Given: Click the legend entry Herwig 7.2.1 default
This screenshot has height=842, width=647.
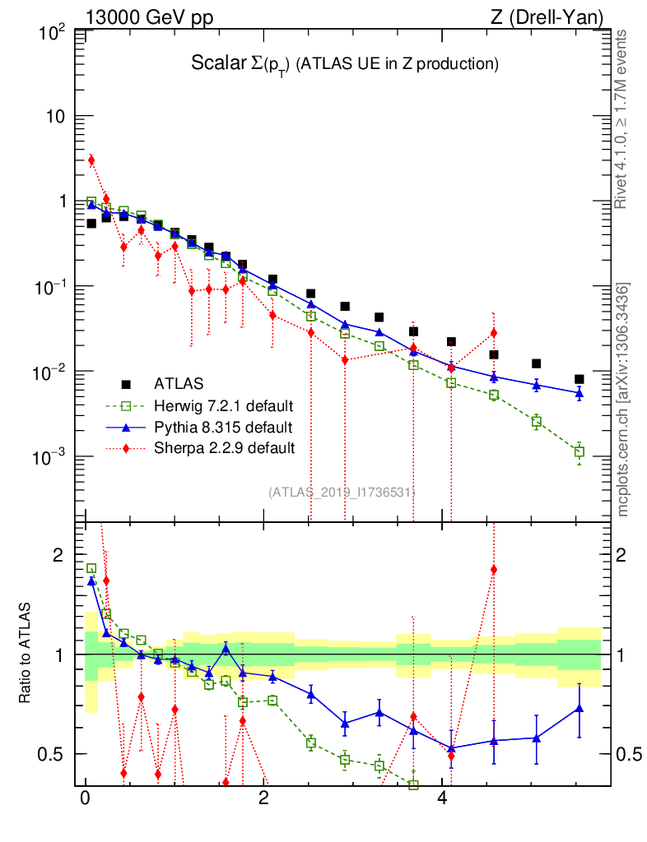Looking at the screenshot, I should [224, 406].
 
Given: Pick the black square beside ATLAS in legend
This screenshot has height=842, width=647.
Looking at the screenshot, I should [126, 384].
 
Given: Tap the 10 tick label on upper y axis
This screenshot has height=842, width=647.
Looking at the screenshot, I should [56, 116].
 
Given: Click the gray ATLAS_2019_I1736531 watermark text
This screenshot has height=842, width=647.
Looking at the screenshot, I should [342, 493].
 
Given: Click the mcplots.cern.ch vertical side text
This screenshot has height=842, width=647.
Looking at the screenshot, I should [623, 400].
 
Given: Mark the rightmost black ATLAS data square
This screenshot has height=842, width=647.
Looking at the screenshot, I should [580, 379].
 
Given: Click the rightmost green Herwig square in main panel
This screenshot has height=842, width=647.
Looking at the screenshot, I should [580, 451].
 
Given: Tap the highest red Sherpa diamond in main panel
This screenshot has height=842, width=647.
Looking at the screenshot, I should [91, 160].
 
